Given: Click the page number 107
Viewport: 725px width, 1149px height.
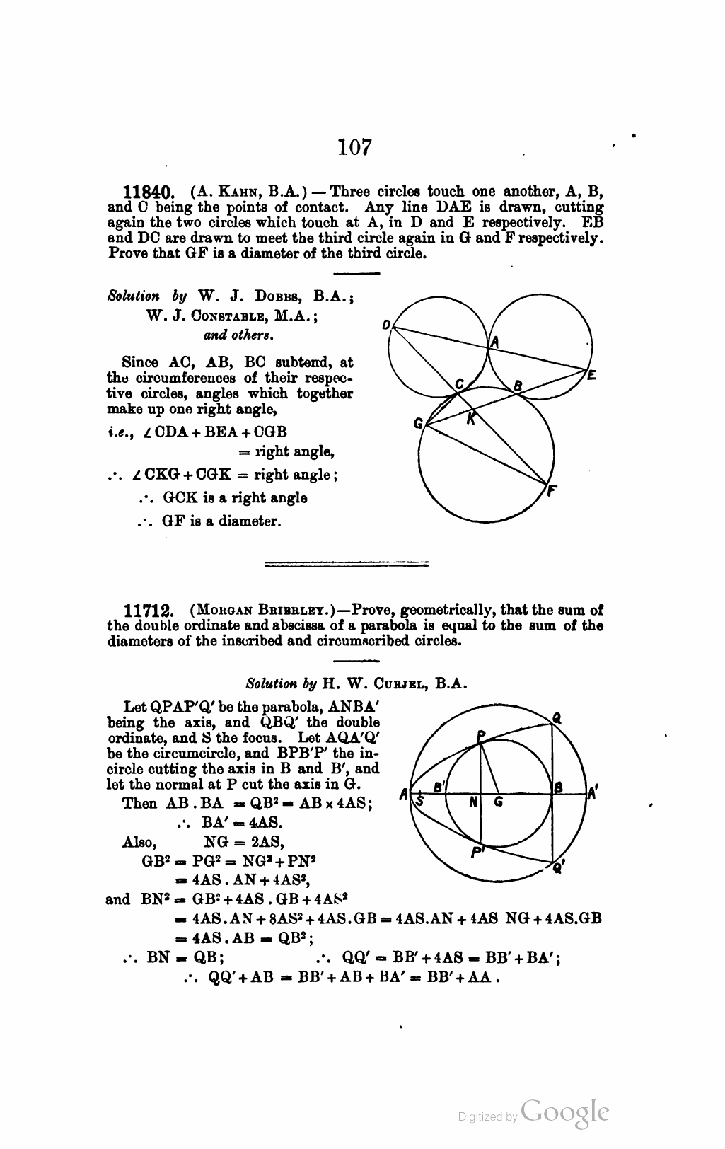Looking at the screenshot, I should click(354, 146).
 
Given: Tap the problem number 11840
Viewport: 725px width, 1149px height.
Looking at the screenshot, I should click(147, 192).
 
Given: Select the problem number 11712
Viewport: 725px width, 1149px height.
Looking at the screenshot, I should click(147, 611).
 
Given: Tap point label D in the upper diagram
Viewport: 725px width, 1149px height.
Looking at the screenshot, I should click(386, 325).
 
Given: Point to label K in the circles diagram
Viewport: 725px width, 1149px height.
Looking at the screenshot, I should click(470, 419).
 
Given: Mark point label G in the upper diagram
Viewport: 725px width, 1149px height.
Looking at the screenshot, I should click(418, 425).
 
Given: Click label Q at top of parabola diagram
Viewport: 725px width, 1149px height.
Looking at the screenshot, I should click(557, 717).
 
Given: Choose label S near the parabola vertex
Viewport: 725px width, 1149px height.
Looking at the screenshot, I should click(419, 800).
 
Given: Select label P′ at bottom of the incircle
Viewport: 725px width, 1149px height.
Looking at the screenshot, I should click(478, 852).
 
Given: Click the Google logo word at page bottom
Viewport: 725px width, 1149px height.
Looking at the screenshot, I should click(564, 1113).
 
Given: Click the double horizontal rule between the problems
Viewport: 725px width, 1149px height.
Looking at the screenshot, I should click(346, 564).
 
